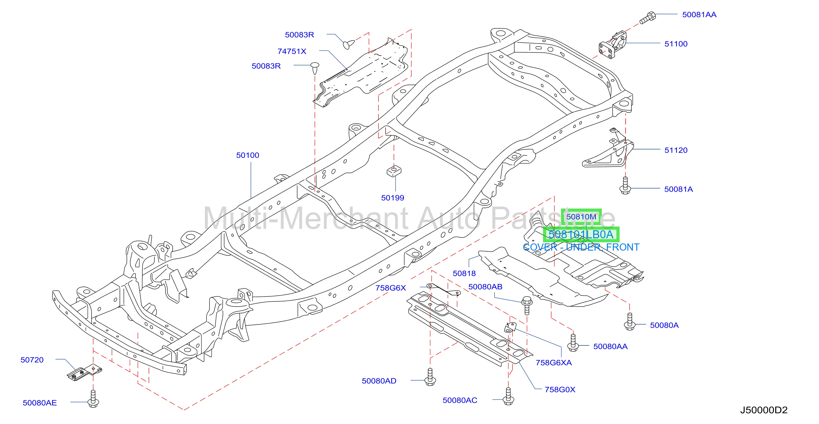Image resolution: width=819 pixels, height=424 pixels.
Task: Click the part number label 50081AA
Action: pyautogui.click(x=699, y=15)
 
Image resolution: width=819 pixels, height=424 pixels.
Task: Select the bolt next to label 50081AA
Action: pyautogui.click(x=647, y=17)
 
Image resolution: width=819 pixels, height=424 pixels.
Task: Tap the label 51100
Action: pyautogui.click(x=676, y=44)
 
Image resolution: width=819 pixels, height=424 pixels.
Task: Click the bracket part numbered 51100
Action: pyautogui.click(x=612, y=45)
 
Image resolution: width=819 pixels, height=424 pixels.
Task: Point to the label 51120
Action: pyautogui.click(x=676, y=150)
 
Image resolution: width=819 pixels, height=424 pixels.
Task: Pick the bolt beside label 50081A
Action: pyautogui.click(x=625, y=186)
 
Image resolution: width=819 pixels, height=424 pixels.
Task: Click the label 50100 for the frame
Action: pyautogui.click(x=248, y=155)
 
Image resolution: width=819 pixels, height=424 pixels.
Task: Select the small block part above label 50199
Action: pyautogui.click(x=394, y=171)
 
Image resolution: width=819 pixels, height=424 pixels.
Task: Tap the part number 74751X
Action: pyautogui.click(x=292, y=51)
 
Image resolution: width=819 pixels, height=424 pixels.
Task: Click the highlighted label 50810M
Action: pyautogui.click(x=581, y=217)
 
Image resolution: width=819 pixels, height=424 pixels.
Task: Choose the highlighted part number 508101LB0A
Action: pyautogui.click(x=581, y=235)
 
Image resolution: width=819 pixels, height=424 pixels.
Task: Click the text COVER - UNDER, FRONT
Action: pyautogui.click(x=581, y=247)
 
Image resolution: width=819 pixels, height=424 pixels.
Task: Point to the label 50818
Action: pyautogui.click(x=464, y=273)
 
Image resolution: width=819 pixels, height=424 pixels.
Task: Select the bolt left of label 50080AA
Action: pyautogui.click(x=573, y=343)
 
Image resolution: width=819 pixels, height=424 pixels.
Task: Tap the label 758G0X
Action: pyautogui.click(x=560, y=390)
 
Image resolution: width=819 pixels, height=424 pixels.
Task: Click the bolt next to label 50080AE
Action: pyautogui.click(x=93, y=399)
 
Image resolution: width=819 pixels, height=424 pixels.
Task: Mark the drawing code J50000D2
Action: pyautogui.click(x=764, y=410)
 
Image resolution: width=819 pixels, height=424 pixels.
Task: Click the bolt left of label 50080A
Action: pyautogui.click(x=630, y=321)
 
